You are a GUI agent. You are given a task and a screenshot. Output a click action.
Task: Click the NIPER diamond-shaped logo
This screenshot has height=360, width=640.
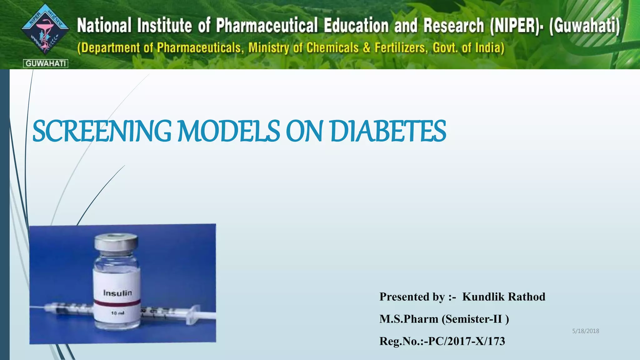pos(45,30)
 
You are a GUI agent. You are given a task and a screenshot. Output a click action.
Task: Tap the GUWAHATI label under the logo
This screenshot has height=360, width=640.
pos(46,63)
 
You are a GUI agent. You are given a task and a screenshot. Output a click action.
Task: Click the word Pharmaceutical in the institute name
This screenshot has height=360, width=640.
pos(267,25)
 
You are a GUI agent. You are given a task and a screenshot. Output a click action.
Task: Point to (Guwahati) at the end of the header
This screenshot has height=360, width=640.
pos(584,25)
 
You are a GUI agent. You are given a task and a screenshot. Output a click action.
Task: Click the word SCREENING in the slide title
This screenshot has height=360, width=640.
pos(102,131)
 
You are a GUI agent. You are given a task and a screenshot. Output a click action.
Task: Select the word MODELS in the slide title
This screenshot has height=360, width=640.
pos(229,131)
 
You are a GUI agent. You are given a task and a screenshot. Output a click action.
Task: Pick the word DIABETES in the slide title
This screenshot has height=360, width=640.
pos(388,131)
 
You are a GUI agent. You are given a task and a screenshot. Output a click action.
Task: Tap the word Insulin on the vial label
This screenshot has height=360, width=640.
pos(117,293)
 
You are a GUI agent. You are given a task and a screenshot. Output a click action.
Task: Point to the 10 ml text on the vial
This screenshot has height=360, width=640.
pos(118,313)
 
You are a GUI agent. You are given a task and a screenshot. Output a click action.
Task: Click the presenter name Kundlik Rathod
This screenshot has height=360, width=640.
pos(504,297)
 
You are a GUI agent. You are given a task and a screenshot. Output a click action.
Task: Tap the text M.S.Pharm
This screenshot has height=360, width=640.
pos(409,319)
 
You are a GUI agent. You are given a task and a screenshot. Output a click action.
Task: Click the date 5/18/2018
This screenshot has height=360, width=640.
pos(586,331)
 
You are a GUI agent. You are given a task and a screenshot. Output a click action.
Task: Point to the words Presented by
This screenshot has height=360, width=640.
pos(412,297)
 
